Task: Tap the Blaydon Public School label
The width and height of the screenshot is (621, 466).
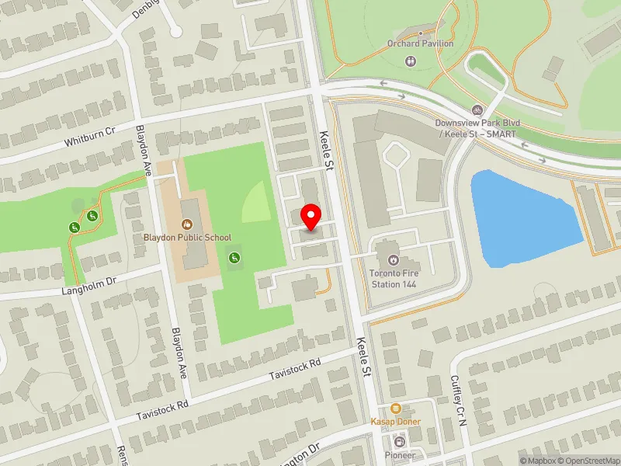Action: tap(187, 238)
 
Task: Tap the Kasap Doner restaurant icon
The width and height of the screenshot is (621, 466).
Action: tap(396, 409)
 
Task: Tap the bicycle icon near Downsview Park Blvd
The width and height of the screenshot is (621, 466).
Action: tap(477, 110)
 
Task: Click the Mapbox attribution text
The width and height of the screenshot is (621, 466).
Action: tap(540, 460)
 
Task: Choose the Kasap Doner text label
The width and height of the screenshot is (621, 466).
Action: tap(396, 422)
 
